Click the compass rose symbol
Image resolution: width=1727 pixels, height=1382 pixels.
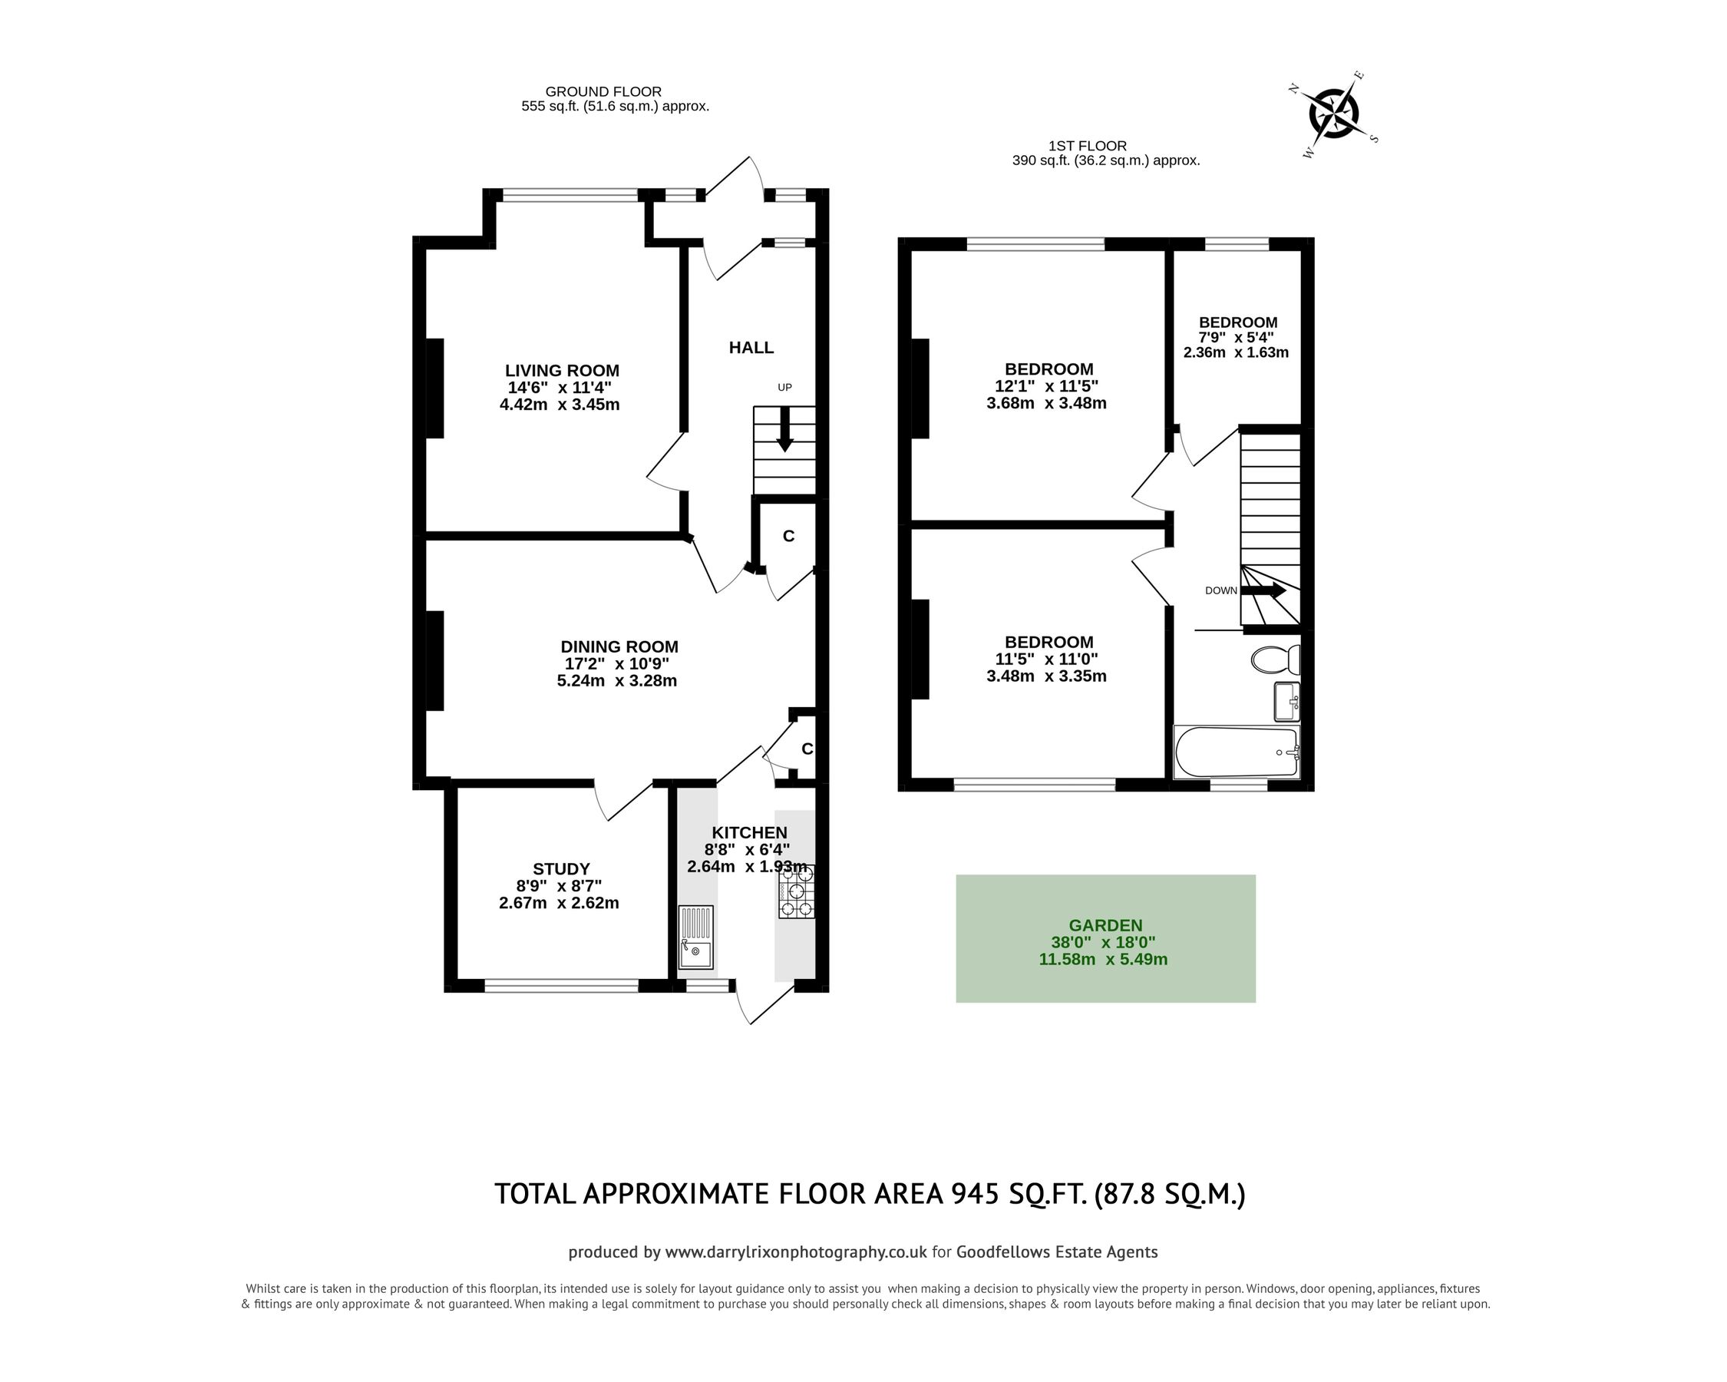click(1335, 114)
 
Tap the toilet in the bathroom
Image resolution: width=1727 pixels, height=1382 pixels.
click(1274, 660)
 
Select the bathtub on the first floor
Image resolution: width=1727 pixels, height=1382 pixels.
click(1236, 752)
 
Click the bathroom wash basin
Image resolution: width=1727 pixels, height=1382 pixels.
click(1286, 702)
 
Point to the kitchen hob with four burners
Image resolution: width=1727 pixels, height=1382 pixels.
click(795, 891)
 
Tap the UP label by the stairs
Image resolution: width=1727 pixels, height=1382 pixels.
click(784, 388)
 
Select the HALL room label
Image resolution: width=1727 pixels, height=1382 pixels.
click(751, 348)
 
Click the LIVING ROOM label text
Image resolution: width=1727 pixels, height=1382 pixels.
click(562, 371)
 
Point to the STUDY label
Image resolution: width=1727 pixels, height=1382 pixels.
click(561, 869)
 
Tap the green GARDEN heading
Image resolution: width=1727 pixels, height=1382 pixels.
click(1105, 925)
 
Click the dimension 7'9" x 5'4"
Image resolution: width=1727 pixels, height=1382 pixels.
click(1236, 338)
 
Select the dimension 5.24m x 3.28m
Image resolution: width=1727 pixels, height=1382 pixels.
click(617, 682)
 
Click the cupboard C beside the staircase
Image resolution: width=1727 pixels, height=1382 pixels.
click(788, 537)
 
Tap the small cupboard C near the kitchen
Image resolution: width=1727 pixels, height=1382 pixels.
click(807, 749)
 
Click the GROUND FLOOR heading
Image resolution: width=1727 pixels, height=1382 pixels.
click(603, 92)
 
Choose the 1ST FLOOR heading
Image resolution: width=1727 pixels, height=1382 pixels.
click(1087, 146)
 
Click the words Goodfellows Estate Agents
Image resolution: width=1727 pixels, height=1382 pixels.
click(1057, 1252)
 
